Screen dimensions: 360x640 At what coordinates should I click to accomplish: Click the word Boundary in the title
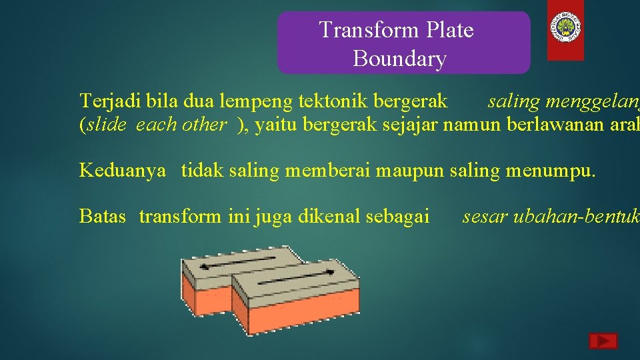399,59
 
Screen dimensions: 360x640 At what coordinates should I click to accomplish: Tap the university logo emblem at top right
565,27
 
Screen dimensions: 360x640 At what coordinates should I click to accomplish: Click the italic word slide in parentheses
106,125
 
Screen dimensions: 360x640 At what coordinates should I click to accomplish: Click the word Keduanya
122,170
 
